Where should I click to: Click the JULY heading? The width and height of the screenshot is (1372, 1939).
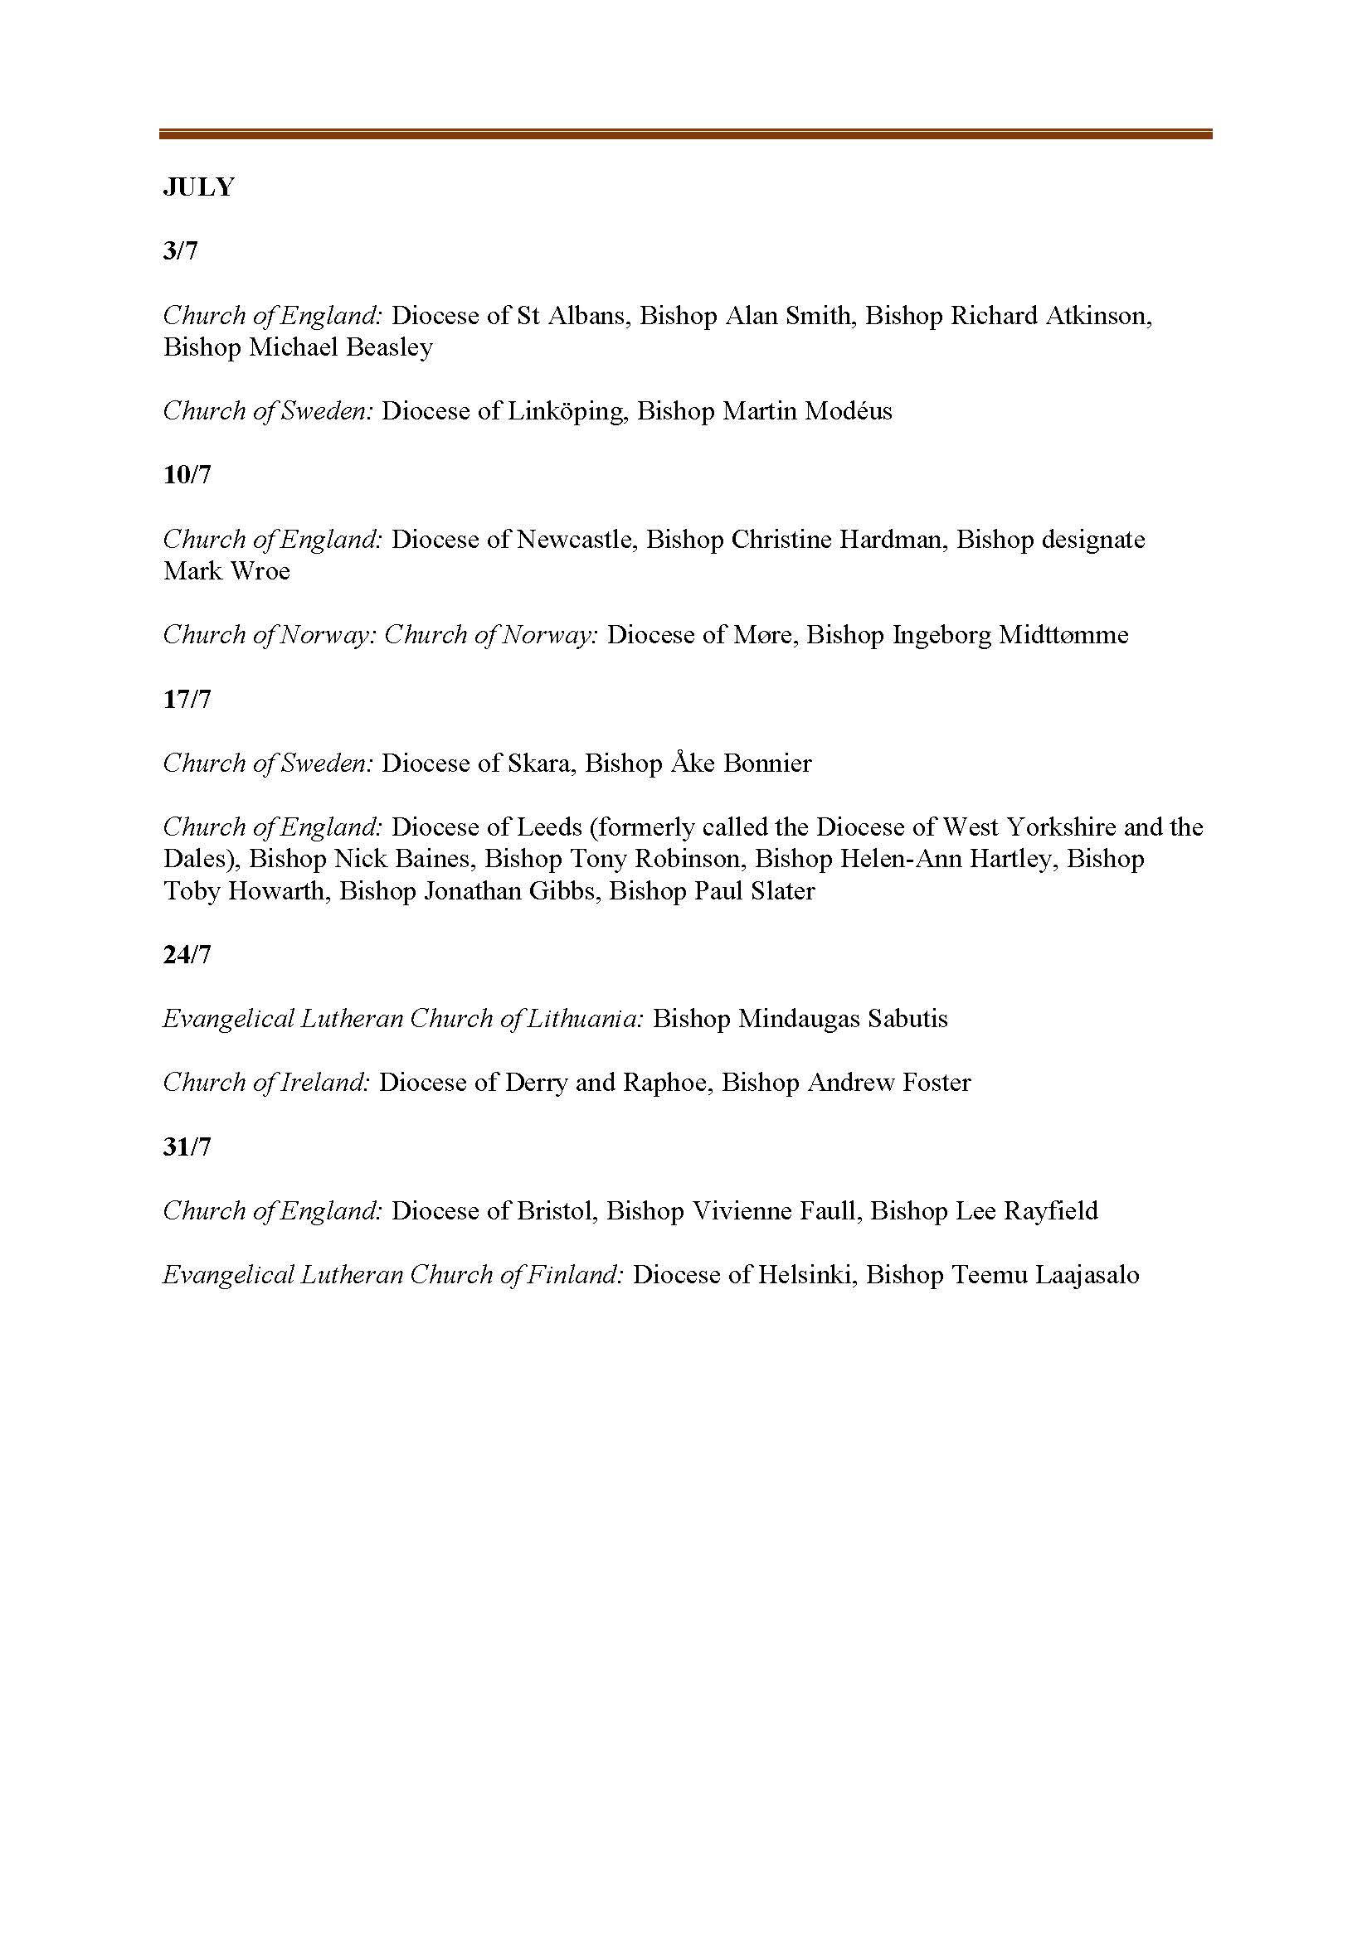coord(198,187)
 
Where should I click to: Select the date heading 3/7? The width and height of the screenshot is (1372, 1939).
coord(180,251)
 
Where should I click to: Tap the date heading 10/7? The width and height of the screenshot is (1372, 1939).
coord(187,475)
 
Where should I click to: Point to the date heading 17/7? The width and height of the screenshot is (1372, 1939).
coord(187,700)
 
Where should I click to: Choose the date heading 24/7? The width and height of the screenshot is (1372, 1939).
coord(187,954)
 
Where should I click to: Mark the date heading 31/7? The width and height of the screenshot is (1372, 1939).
coord(187,1146)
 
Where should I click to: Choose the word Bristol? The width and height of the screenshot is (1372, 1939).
coord(557,1211)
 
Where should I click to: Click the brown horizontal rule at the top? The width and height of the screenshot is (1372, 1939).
coord(685,133)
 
